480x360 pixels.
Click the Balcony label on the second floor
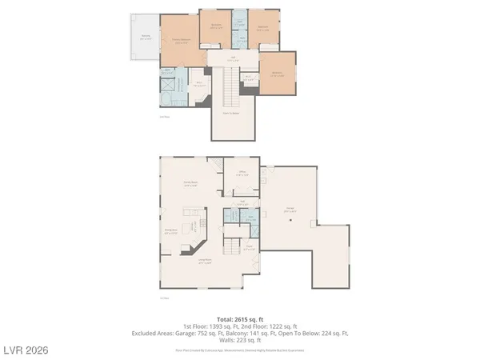point(145,36)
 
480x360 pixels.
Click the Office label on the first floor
point(242,173)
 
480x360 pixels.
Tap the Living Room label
point(205,261)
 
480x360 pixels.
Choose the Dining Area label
point(171,231)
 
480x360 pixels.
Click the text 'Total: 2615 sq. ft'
point(239,318)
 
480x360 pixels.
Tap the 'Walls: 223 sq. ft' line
point(239,340)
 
